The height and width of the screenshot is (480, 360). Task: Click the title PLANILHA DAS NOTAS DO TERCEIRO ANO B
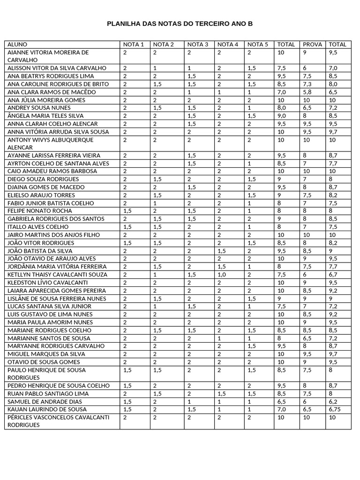click(x=180, y=23)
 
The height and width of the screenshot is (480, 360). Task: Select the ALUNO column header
click(x=17, y=45)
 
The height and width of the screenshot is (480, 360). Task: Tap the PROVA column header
click(x=312, y=45)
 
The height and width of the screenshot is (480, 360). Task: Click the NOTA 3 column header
click(x=197, y=45)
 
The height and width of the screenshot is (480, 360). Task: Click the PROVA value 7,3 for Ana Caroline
click(x=307, y=84)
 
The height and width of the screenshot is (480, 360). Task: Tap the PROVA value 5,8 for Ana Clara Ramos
click(x=307, y=92)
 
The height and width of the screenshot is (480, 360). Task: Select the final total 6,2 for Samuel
click(x=334, y=401)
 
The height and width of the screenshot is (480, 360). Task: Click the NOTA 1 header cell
click(x=133, y=45)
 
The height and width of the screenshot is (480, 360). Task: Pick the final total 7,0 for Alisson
click(x=334, y=68)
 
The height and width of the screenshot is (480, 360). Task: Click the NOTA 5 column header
click(x=257, y=45)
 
